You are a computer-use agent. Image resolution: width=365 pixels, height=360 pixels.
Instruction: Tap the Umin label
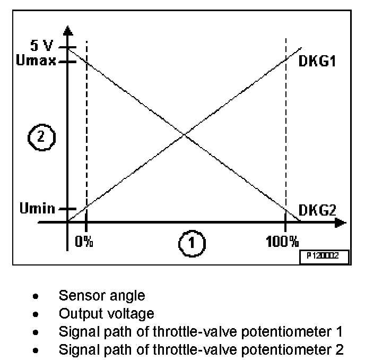pyautogui.click(x=37, y=208)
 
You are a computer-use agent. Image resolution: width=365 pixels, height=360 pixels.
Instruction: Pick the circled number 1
pyautogui.click(x=190, y=243)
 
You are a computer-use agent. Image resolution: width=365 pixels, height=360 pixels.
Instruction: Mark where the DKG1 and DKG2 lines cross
pyautogui.click(x=184, y=134)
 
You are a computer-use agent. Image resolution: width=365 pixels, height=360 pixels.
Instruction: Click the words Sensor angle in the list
pyautogui.click(x=102, y=295)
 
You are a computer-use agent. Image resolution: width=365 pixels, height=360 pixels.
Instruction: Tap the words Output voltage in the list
pyautogui.click(x=107, y=313)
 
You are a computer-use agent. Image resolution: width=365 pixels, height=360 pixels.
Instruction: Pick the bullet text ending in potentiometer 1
pyautogui.click(x=201, y=332)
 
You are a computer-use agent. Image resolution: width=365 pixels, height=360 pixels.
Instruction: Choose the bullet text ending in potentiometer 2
pyautogui.click(x=201, y=350)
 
